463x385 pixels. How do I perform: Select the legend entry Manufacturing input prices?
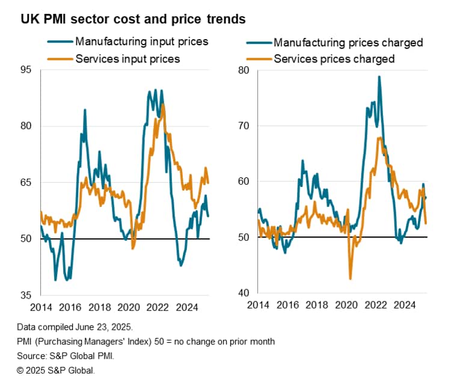(x=141, y=42)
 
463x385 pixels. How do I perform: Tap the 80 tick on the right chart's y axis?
(x=243, y=70)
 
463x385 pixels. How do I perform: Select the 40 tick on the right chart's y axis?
(x=243, y=293)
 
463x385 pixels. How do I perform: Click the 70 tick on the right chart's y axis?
(x=243, y=126)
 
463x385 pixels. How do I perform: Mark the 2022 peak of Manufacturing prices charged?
(x=379, y=77)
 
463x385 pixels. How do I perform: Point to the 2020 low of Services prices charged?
(x=350, y=279)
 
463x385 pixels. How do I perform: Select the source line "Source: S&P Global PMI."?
(x=66, y=355)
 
